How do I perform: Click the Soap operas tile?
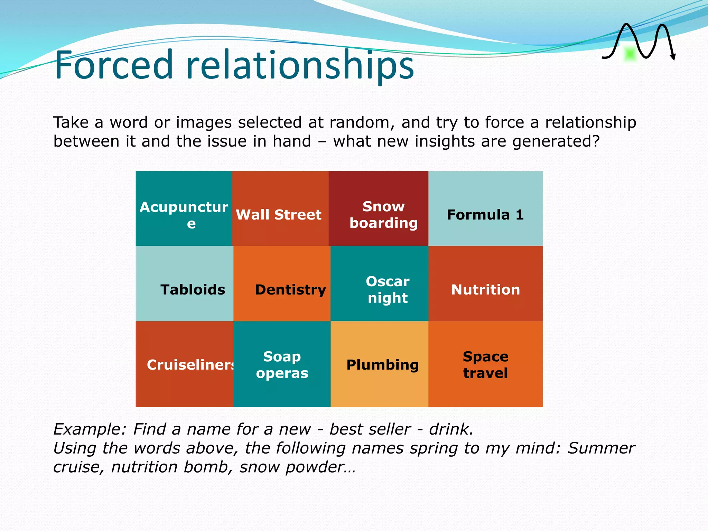(282, 364)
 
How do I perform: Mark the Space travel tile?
(485, 364)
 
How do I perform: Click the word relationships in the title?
(300, 66)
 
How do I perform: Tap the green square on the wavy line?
(630, 54)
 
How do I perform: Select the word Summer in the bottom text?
(601, 448)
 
